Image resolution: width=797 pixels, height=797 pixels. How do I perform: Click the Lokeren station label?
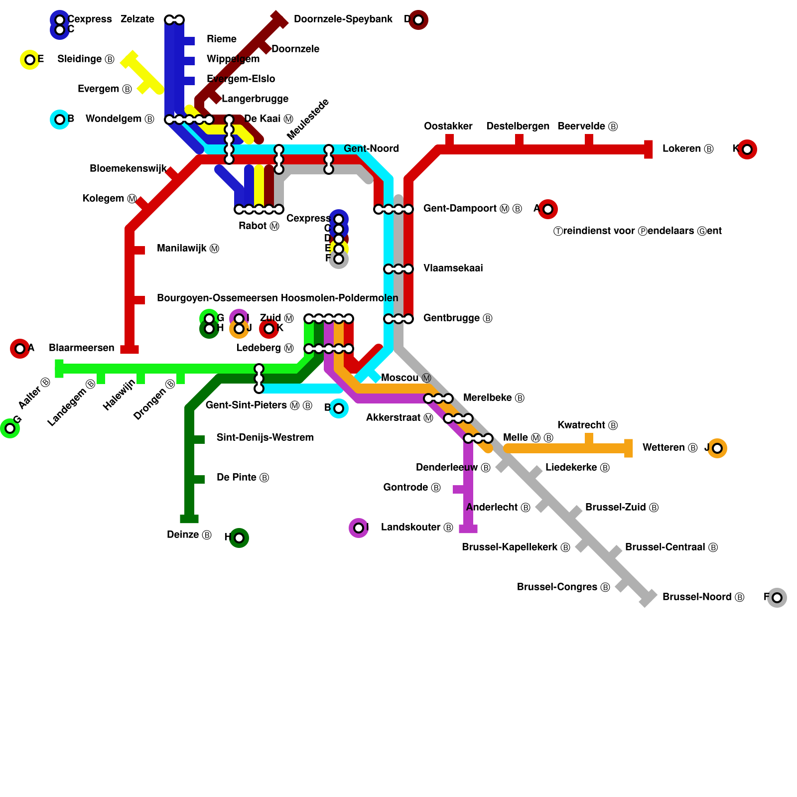[x=687, y=149]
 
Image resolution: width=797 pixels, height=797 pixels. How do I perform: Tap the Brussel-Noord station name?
[x=703, y=597]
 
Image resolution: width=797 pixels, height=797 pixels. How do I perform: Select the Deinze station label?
[x=189, y=535]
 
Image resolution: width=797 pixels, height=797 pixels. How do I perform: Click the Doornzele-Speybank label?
[x=343, y=19]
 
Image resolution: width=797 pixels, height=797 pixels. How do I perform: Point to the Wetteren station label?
[x=669, y=448]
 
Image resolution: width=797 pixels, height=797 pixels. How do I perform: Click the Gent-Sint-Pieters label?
[x=259, y=405]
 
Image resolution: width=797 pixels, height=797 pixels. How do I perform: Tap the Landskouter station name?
[x=416, y=528]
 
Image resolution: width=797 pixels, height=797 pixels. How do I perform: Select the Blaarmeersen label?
[x=82, y=348]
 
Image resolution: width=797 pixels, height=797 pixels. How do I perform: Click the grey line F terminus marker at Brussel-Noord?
[x=777, y=597]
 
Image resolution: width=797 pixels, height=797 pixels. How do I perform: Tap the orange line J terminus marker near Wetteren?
[x=717, y=448]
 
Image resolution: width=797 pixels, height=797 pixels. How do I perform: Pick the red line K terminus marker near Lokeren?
[x=747, y=149]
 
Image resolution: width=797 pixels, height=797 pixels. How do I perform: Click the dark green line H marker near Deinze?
[x=239, y=537]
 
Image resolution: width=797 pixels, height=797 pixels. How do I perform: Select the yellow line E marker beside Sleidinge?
[x=30, y=60]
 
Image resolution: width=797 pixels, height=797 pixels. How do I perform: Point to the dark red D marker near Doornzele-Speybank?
[x=418, y=20]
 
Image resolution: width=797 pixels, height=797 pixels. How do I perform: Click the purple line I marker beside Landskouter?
[x=359, y=528]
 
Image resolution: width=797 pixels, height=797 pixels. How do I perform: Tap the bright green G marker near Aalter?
[x=10, y=428]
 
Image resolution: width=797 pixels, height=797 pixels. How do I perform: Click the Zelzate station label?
[x=137, y=19]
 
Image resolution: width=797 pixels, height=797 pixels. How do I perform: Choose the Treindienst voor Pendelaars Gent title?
[x=638, y=231]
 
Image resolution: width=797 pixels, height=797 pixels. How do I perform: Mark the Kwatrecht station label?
[x=587, y=425]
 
